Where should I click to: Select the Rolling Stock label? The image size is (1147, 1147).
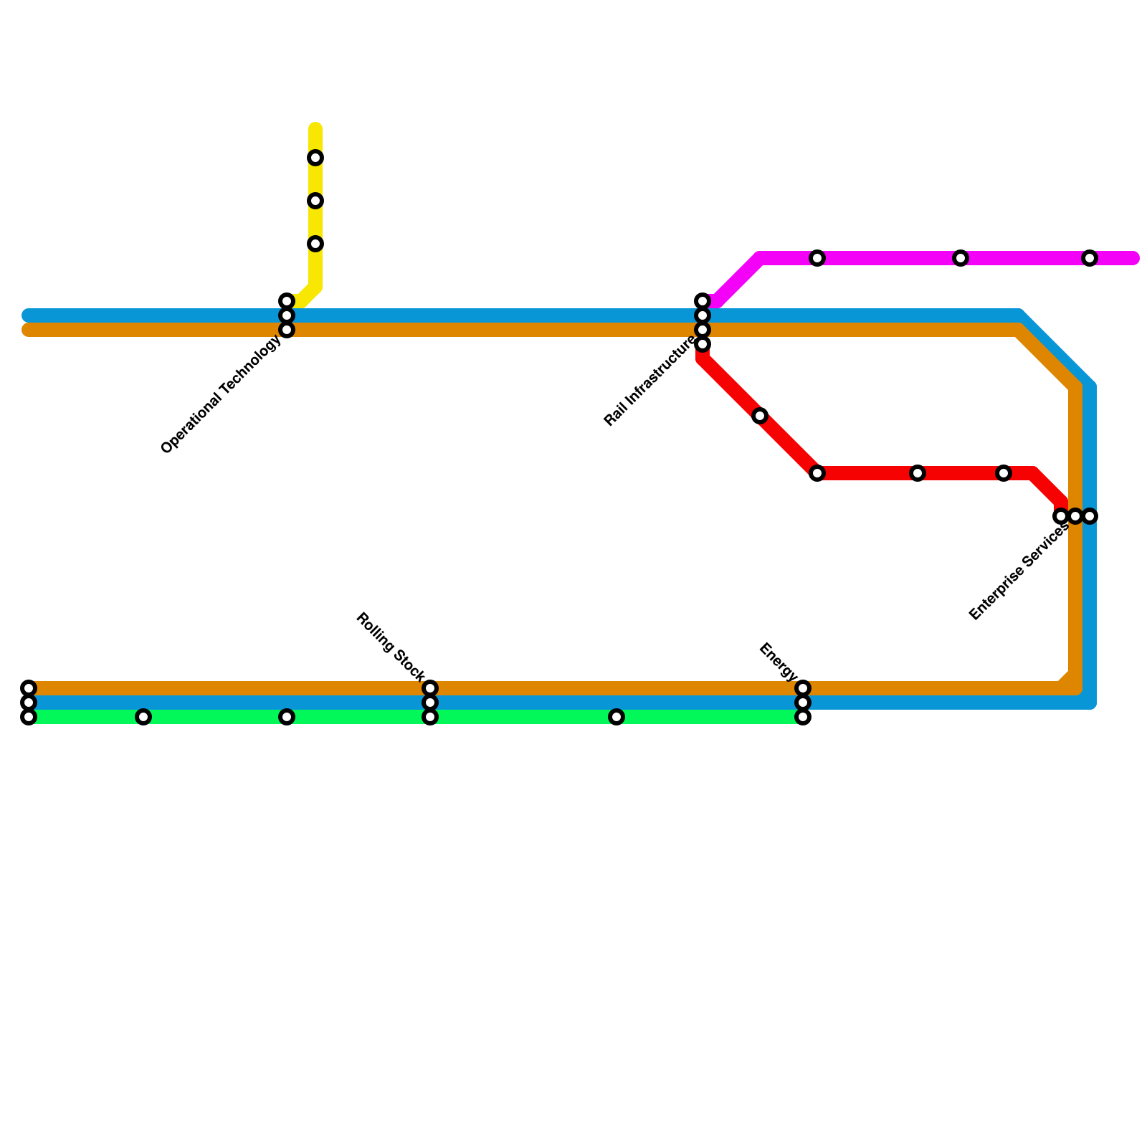click(x=391, y=646)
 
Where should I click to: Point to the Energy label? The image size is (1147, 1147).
click(x=778, y=662)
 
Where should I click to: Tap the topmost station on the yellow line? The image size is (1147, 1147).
click(x=315, y=158)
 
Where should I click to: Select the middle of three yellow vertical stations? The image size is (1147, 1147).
click(x=315, y=201)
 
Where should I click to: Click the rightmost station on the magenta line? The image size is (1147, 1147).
click(x=1090, y=258)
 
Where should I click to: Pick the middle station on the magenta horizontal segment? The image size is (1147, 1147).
click(x=961, y=258)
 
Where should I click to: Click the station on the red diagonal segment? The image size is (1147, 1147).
click(x=760, y=416)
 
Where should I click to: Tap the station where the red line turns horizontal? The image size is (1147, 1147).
click(x=817, y=473)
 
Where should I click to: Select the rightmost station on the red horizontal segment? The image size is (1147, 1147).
click(x=1004, y=473)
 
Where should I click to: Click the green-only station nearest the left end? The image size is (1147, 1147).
click(x=143, y=717)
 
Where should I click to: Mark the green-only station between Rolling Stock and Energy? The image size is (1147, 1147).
click(x=617, y=717)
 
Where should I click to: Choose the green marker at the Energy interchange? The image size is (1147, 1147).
click(x=803, y=717)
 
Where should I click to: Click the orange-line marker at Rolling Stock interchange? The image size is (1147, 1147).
click(x=430, y=688)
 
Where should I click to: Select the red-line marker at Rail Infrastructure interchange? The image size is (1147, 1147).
click(x=703, y=345)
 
